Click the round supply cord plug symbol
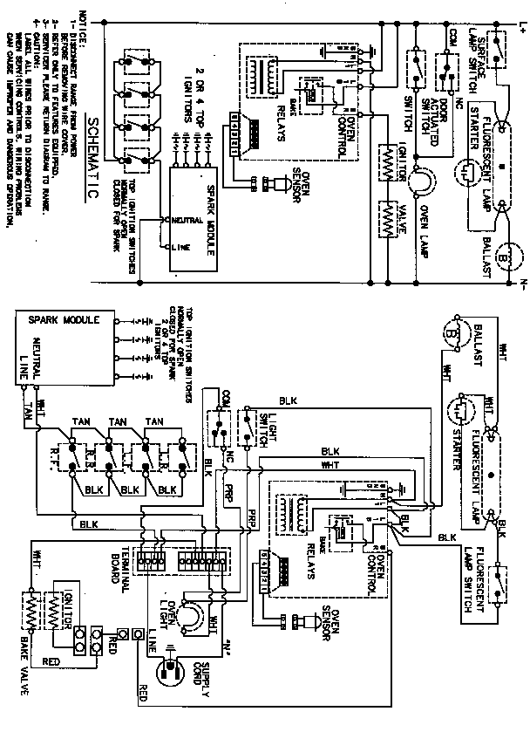(x=169, y=673)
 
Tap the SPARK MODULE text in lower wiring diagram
(x=66, y=320)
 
